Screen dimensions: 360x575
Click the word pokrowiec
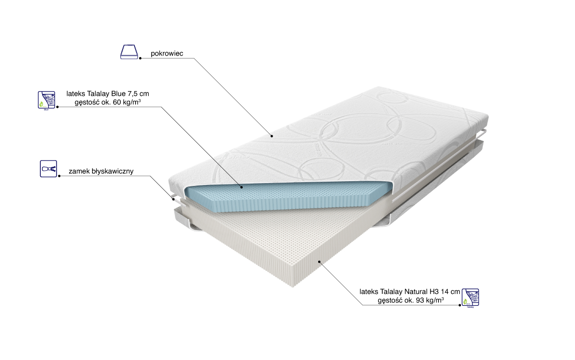coord(167,54)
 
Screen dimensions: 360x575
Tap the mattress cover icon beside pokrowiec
coord(129,52)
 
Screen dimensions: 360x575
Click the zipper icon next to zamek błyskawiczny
coord(48,169)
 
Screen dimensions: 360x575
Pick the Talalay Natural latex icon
coord(470,297)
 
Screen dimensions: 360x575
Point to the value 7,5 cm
coord(145,93)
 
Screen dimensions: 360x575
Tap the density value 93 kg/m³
coord(427,301)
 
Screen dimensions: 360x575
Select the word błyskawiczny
coord(118,171)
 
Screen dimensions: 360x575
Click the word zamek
coord(79,171)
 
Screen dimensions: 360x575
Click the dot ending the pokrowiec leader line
coord(271,135)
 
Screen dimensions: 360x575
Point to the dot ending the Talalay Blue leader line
coord(241,186)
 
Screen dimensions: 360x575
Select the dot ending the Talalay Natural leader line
coord(319,262)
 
